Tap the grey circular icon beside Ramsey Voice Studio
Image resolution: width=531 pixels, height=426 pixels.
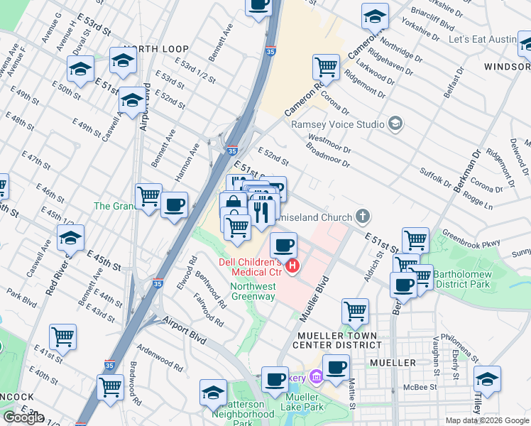click(x=395, y=124)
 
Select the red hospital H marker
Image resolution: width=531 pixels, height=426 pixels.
click(x=292, y=267)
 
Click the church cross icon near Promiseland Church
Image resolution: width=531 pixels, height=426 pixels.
click(x=363, y=215)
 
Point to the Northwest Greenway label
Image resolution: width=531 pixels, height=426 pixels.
click(x=242, y=292)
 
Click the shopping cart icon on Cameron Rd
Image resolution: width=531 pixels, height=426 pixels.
click(x=325, y=67)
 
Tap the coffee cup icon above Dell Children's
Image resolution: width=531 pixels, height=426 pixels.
click(x=284, y=246)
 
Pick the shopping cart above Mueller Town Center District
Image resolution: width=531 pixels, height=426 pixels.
click(x=355, y=310)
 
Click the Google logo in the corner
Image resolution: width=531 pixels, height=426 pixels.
click(x=23, y=417)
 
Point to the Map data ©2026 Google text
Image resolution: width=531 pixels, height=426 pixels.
click(x=487, y=420)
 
